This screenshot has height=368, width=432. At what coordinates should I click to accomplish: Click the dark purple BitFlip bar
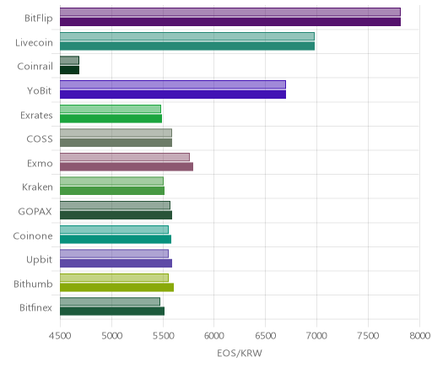[x=230, y=22]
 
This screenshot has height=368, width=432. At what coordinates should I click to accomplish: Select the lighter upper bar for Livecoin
[x=187, y=36]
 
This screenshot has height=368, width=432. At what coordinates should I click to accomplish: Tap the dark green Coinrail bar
[x=70, y=70]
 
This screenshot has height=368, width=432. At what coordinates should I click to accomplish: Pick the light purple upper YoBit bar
[x=173, y=84]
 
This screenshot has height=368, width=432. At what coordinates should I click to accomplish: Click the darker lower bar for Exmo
[x=127, y=166]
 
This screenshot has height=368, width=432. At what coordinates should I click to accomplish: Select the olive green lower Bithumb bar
[x=116, y=287]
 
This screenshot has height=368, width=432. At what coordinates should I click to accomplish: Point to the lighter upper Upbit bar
[x=114, y=253]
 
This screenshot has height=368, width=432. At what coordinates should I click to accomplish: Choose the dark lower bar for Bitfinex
[x=112, y=311]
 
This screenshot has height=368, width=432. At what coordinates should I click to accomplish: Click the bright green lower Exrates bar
[x=111, y=118]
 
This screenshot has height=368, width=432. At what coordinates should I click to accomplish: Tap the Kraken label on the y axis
[x=37, y=187]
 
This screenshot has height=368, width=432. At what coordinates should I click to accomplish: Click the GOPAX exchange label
[x=35, y=211]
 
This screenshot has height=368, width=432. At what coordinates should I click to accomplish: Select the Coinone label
[x=33, y=235]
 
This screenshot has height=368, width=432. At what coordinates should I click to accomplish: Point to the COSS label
[x=40, y=139]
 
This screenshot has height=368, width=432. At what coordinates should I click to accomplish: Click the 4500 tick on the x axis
[x=60, y=336]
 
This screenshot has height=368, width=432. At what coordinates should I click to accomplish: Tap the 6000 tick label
[x=213, y=336]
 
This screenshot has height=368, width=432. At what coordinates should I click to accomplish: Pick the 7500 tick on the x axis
[x=368, y=336]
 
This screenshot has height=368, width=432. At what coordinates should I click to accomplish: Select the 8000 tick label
[x=419, y=336]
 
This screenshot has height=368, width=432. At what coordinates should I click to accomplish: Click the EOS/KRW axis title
[x=240, y=353]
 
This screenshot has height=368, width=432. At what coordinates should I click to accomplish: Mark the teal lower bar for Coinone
[x=116, y=239]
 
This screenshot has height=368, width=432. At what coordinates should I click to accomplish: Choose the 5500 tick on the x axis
[x=163, y=336]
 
